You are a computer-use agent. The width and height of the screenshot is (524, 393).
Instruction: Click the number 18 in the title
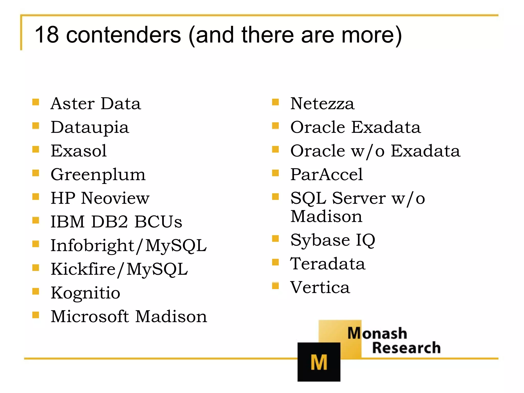coord(47,35)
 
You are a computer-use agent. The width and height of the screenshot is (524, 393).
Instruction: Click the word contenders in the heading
coord(124,35)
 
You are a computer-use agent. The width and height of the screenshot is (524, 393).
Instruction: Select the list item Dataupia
coord(90,127)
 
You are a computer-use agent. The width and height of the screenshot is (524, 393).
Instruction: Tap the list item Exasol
coord(79,151)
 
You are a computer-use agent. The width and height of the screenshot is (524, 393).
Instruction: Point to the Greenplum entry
coord(98,175)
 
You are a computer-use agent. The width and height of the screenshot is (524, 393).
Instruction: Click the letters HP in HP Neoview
coord(63,198)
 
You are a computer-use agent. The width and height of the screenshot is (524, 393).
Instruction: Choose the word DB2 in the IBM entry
coord(110,222)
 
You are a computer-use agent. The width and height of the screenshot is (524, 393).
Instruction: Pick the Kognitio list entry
coord(85,293)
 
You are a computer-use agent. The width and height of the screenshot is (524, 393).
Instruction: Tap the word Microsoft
coord(90,316)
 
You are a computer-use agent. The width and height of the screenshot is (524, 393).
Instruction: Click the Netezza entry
coord(322,104)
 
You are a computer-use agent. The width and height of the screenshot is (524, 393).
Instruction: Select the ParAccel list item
coord(326,174)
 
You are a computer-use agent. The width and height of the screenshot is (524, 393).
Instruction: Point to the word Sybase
coord(320,241)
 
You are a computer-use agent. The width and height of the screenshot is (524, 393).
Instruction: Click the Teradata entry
coord(328,264)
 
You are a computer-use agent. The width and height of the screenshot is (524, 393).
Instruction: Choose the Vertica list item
coord(320,287)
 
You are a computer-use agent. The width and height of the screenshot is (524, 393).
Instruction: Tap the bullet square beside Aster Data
coord(36,102)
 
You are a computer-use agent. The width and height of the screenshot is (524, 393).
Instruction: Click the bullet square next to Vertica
coord(275,286)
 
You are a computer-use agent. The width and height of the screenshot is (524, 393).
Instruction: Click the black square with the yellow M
coord(319,362)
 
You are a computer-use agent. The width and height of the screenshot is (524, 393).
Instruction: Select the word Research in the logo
coord(406,348)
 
